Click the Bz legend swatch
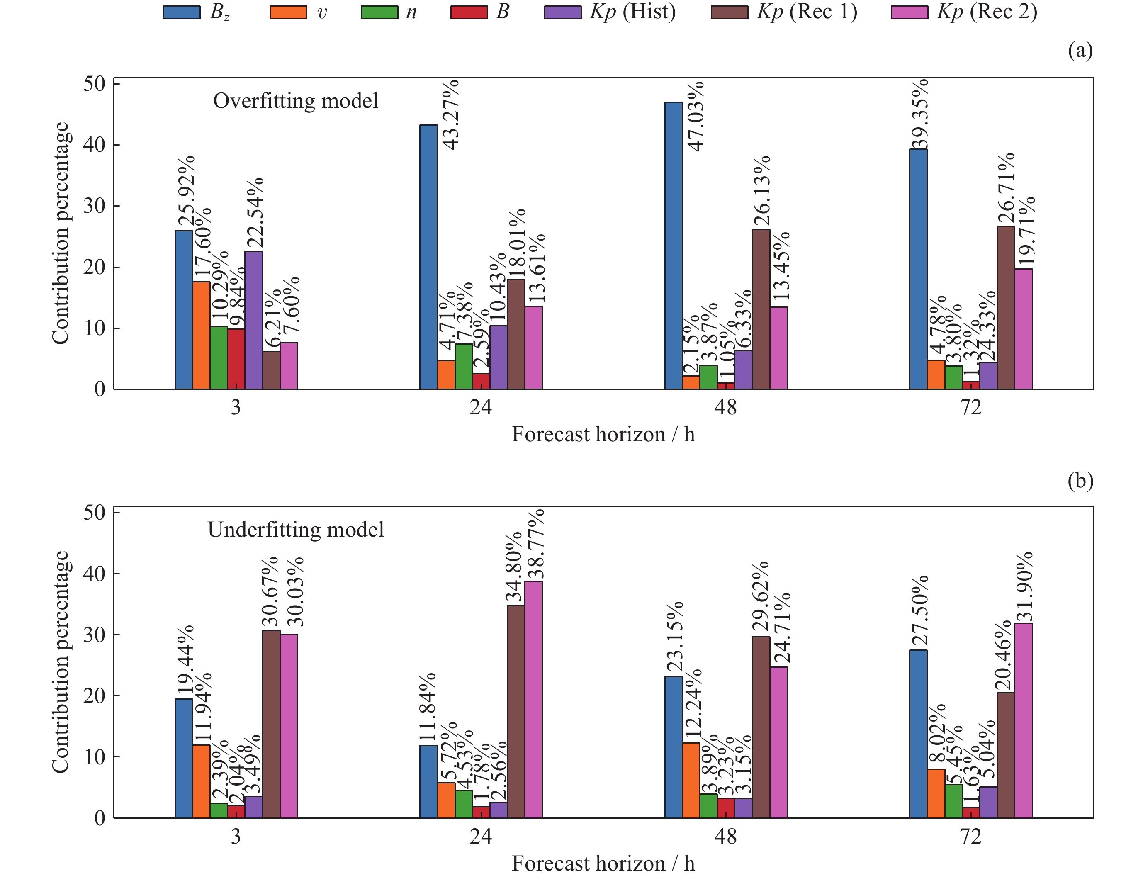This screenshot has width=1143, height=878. [x=181, y=12]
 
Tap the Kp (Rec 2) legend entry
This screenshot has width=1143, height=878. [x=964, y=12]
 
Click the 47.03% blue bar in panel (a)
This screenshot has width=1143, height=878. [x=673, y=246]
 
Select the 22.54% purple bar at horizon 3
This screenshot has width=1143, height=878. [x=253, y=320]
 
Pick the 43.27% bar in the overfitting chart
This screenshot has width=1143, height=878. [x=428, y=257]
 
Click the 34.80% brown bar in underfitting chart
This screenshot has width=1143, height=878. [x=516, y=711]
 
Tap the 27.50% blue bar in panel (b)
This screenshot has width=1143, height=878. [x=918, y=734]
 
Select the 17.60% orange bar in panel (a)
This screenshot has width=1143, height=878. [x=201, y=335]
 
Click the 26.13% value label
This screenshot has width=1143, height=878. [x=761, y=191]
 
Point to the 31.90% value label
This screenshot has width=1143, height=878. [x=1024, y=587]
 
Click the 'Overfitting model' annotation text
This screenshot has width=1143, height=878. [x=295, y=101]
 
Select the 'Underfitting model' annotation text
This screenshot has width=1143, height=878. [x=295, y=530]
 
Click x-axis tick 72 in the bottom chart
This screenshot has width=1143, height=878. [x=970, y=836]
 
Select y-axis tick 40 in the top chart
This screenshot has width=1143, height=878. [x=94, y=145]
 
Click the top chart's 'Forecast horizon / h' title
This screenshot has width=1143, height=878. [x=603, y=434]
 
